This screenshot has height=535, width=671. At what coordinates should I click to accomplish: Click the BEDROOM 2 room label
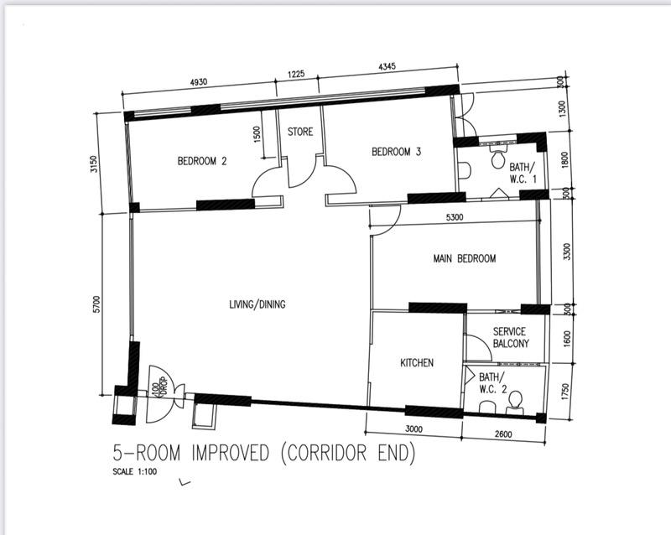202,161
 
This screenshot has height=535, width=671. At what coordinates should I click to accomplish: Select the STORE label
300,132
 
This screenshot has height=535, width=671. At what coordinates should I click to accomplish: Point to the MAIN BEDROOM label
464,258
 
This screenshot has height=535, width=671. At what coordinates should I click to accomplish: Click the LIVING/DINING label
257,304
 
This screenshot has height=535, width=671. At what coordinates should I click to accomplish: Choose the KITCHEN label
416,363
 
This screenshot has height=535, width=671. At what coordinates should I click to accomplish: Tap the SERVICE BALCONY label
511,338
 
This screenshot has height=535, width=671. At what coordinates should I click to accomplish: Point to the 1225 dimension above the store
296,75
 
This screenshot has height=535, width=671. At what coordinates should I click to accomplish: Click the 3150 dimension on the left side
95,164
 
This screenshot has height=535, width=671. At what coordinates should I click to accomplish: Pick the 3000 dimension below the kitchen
415,429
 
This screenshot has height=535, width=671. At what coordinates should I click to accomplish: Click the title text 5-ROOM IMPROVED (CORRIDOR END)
264,454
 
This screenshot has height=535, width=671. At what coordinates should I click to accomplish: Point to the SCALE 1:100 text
135,471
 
